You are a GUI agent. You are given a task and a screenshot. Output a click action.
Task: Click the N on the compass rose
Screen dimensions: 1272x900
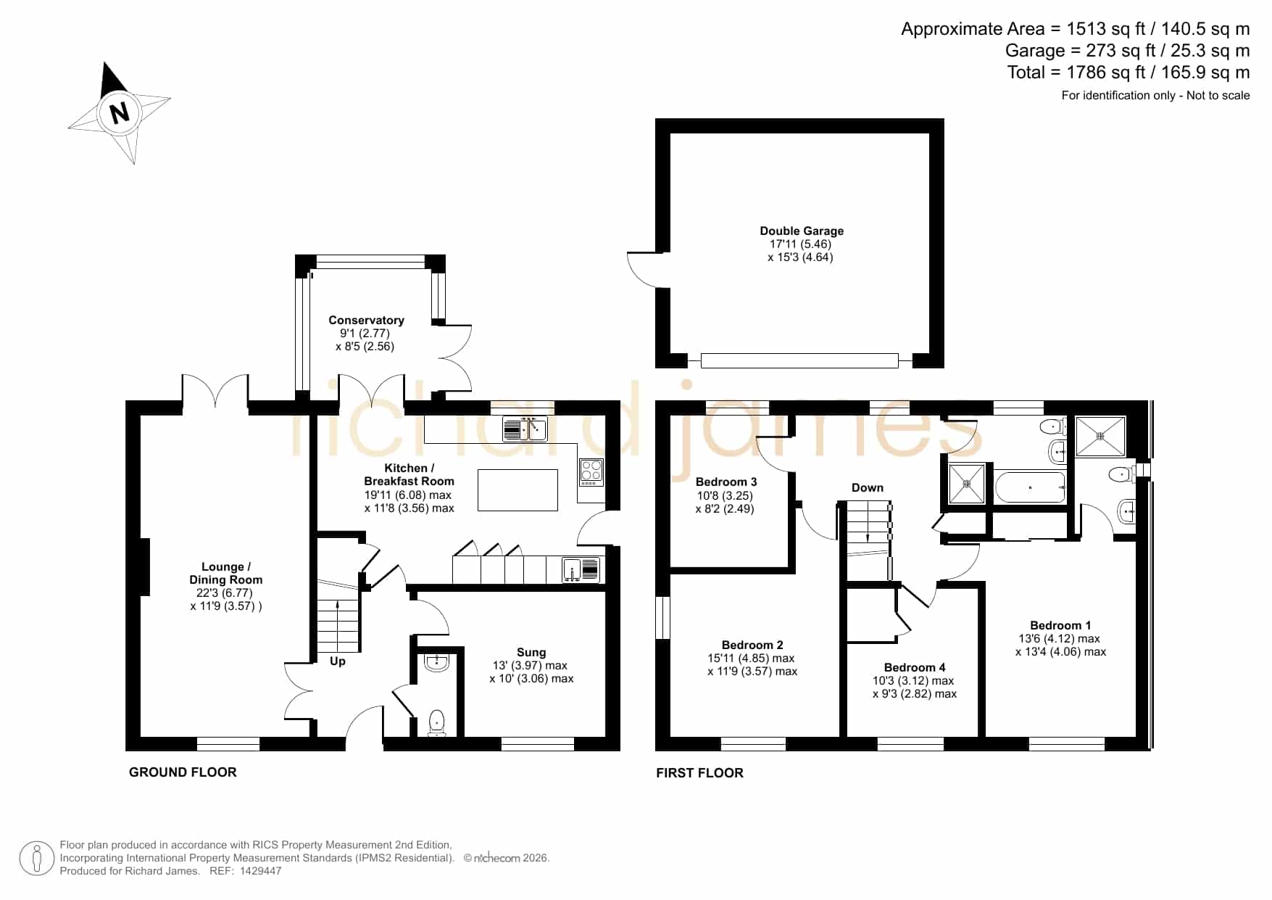[x=120, y=113]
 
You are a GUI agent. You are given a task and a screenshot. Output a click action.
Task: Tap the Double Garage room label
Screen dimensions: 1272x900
[x=802, y=231]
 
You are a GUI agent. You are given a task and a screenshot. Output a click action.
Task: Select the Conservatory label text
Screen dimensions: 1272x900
[x=366, y=320]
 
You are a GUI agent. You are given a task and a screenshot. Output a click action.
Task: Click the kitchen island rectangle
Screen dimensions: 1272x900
[x=517, y=490]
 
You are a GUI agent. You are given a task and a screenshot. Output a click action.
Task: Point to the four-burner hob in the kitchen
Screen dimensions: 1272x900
[x=591, y=472]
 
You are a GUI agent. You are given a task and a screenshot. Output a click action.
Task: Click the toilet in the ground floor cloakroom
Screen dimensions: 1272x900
[x=436, y=722]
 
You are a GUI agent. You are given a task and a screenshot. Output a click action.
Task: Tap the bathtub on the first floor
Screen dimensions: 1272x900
[x=1031, y=487]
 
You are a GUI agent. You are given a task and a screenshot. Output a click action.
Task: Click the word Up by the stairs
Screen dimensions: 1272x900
[x=338, y=661]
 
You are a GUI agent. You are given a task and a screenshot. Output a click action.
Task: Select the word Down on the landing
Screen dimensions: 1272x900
[x=868, y=487]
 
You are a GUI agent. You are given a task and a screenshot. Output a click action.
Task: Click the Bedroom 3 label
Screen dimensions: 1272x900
[x=726, y=482]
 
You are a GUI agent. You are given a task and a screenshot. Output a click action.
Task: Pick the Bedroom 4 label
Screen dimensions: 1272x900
[x=915, y=667]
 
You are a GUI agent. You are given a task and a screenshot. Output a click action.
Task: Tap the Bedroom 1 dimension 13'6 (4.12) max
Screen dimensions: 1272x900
[x=1060, y=639]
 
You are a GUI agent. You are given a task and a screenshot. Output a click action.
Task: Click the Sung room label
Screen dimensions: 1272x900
[x=531, y=653]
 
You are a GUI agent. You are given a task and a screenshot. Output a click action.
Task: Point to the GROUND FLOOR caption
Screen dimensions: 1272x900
[x=183, y=772]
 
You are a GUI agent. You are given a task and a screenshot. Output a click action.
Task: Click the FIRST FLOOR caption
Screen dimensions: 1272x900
[x=699, y=773]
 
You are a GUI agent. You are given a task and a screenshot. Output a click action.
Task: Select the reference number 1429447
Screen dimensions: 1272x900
[x=259, y=871]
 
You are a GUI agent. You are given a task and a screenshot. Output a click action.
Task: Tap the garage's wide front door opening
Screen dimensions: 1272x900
[x=799, y=360]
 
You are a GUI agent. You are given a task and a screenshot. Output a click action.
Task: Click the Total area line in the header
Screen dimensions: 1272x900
[x=1128, y=73]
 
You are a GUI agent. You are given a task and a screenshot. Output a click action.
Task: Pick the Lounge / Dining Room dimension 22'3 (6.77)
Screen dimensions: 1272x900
[x=225, y=593]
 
